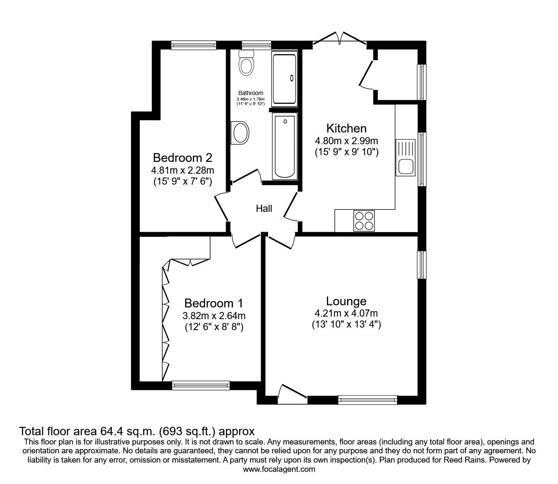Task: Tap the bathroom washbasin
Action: pyautogui.click(x=240, y=133)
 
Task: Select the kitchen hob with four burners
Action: pyautogui.click(x=364, y=221)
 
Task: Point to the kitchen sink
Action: pyautogui.click(x=405, y=158)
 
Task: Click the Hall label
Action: pyautogui.click(x=264, y=209)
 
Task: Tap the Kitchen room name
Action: pyautogui.click(x=347, y=128)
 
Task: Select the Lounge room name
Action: pyautogui.click(x=346, y=301)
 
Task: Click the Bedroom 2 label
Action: pyautogui.click(x=182, y=158)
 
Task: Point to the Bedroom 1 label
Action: pyautogui.click(x=214, y=303)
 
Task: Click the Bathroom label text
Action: pyautogui.click(x=250, y=93)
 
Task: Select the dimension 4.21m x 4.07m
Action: pyautogui.click(x=346, y=313)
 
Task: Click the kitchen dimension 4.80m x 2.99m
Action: pyautogui.click(x=347, y=141)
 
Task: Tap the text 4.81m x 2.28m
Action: pyautogui.click(x=182, y=170)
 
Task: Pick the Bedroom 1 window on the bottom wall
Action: pyautogui.click(x=201, y=385)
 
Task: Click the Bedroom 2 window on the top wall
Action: pyautogui.click(x=194, y=45)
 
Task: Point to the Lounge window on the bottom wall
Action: pyautogui.click(x=368, y=400)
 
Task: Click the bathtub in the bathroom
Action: pyautogui.click(x=285, y=146)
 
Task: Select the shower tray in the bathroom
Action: pyautogui.click(x=284, y=79)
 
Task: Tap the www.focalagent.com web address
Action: pyautogui.click(x=279, y=469)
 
